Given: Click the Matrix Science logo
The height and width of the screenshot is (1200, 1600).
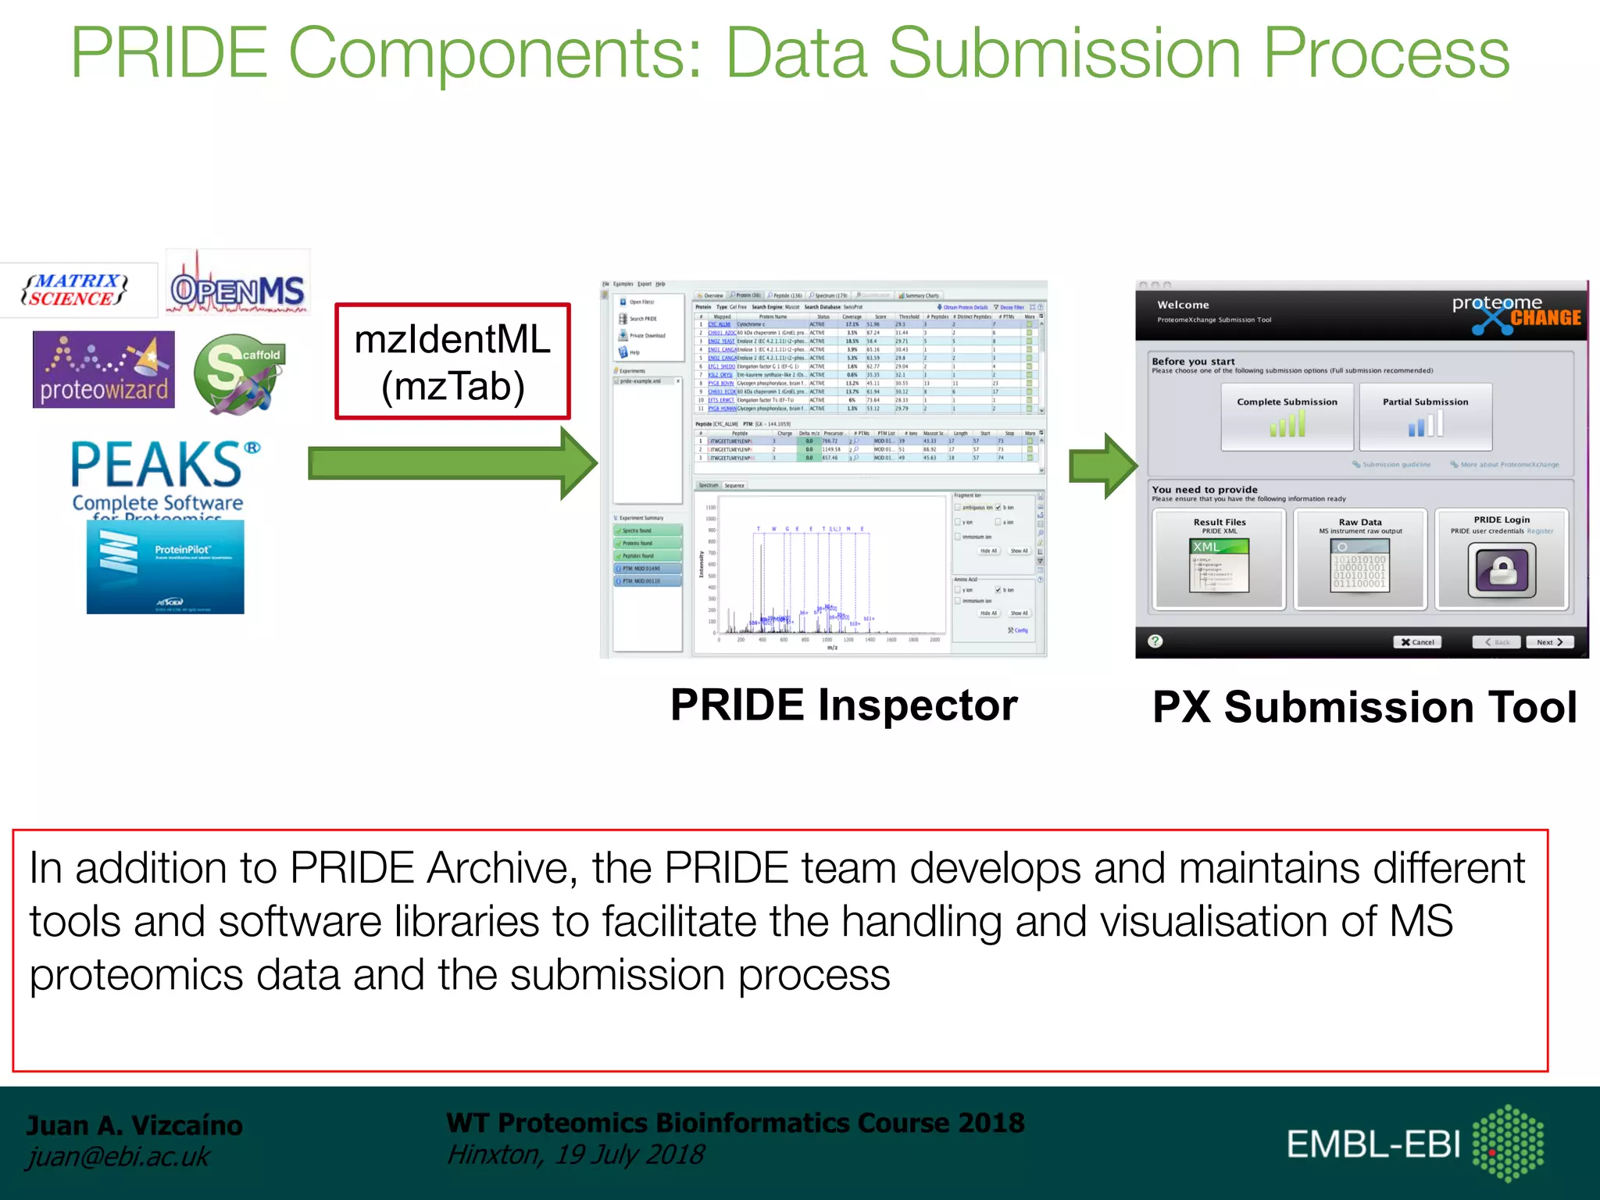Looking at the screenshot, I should [x=76, y=290].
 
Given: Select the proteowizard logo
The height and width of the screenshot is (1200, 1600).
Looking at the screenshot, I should [x=104, y=370].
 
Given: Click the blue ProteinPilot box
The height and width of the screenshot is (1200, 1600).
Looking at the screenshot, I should [x=166, y=567].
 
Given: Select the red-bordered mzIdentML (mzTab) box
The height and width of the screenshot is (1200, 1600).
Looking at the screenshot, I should [x=452, y=362].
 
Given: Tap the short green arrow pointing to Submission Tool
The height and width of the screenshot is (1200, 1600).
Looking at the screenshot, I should [x=1102, y=466].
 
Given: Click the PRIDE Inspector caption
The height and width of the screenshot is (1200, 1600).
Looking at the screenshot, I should [x=844, y=705].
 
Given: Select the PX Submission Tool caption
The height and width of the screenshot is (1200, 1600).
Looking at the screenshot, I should [x=1364, y=707].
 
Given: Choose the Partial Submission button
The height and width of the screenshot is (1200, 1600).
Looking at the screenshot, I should [x=1425, y=416].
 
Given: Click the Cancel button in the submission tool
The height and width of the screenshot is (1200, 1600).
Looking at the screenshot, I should [x=1417, y=642].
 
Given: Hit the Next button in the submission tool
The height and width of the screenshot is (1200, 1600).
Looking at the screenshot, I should [x=1549, y=642].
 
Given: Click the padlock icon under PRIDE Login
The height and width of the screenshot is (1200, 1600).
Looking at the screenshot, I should [x=1502, y=570].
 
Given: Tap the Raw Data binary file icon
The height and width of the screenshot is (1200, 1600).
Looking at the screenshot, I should [x=1359, y=566].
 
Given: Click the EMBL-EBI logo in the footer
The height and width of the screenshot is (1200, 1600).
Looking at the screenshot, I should [x=1414, y=1144].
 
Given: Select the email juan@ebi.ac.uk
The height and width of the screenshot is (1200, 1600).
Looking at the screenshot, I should [x=118, y=1156].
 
